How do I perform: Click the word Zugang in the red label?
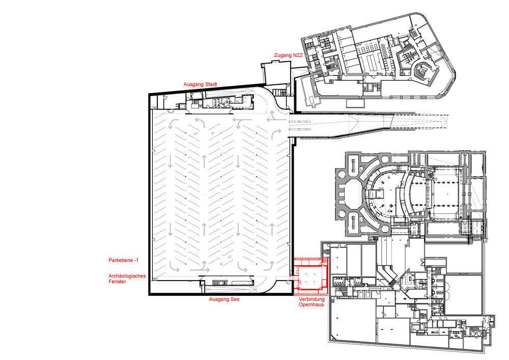coord(283,56)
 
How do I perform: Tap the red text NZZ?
coord(298,55)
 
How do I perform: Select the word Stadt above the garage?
coord(211,85)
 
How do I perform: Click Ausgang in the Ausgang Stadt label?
coord(193,85)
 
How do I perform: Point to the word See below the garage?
coord(235,299)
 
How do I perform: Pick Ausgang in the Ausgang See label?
coord(219,299)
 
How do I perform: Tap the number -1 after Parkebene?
coord(136,260)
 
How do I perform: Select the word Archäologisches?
coord(127,276)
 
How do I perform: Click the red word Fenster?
coord(117,282)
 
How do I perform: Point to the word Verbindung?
coord(312,299)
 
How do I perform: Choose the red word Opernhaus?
coord(312,305)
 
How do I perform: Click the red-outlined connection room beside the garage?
coord(310,276)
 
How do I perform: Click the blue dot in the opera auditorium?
coord(388,188)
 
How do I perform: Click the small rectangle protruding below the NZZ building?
coord(356,103)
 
